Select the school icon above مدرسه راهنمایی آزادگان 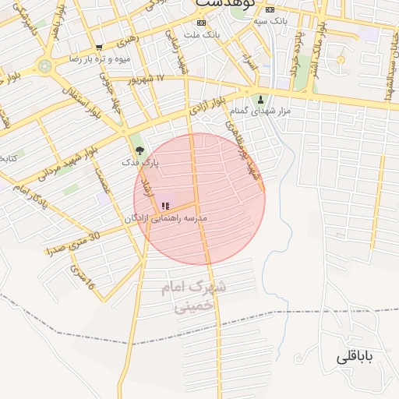165,206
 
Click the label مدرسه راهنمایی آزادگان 165,219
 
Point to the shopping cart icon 98,48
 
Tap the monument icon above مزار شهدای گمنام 261,100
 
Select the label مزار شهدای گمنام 264,111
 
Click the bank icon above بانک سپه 270,9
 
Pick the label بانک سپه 270,20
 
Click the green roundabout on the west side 45,65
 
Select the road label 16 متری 82,279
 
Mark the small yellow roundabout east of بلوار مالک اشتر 341,59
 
